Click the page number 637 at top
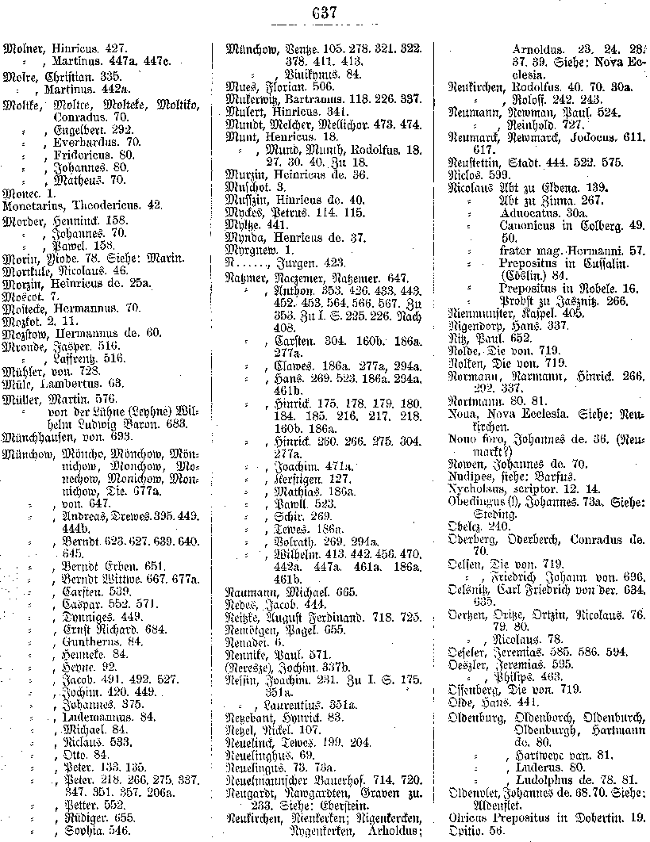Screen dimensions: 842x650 [x=325, y=12]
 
